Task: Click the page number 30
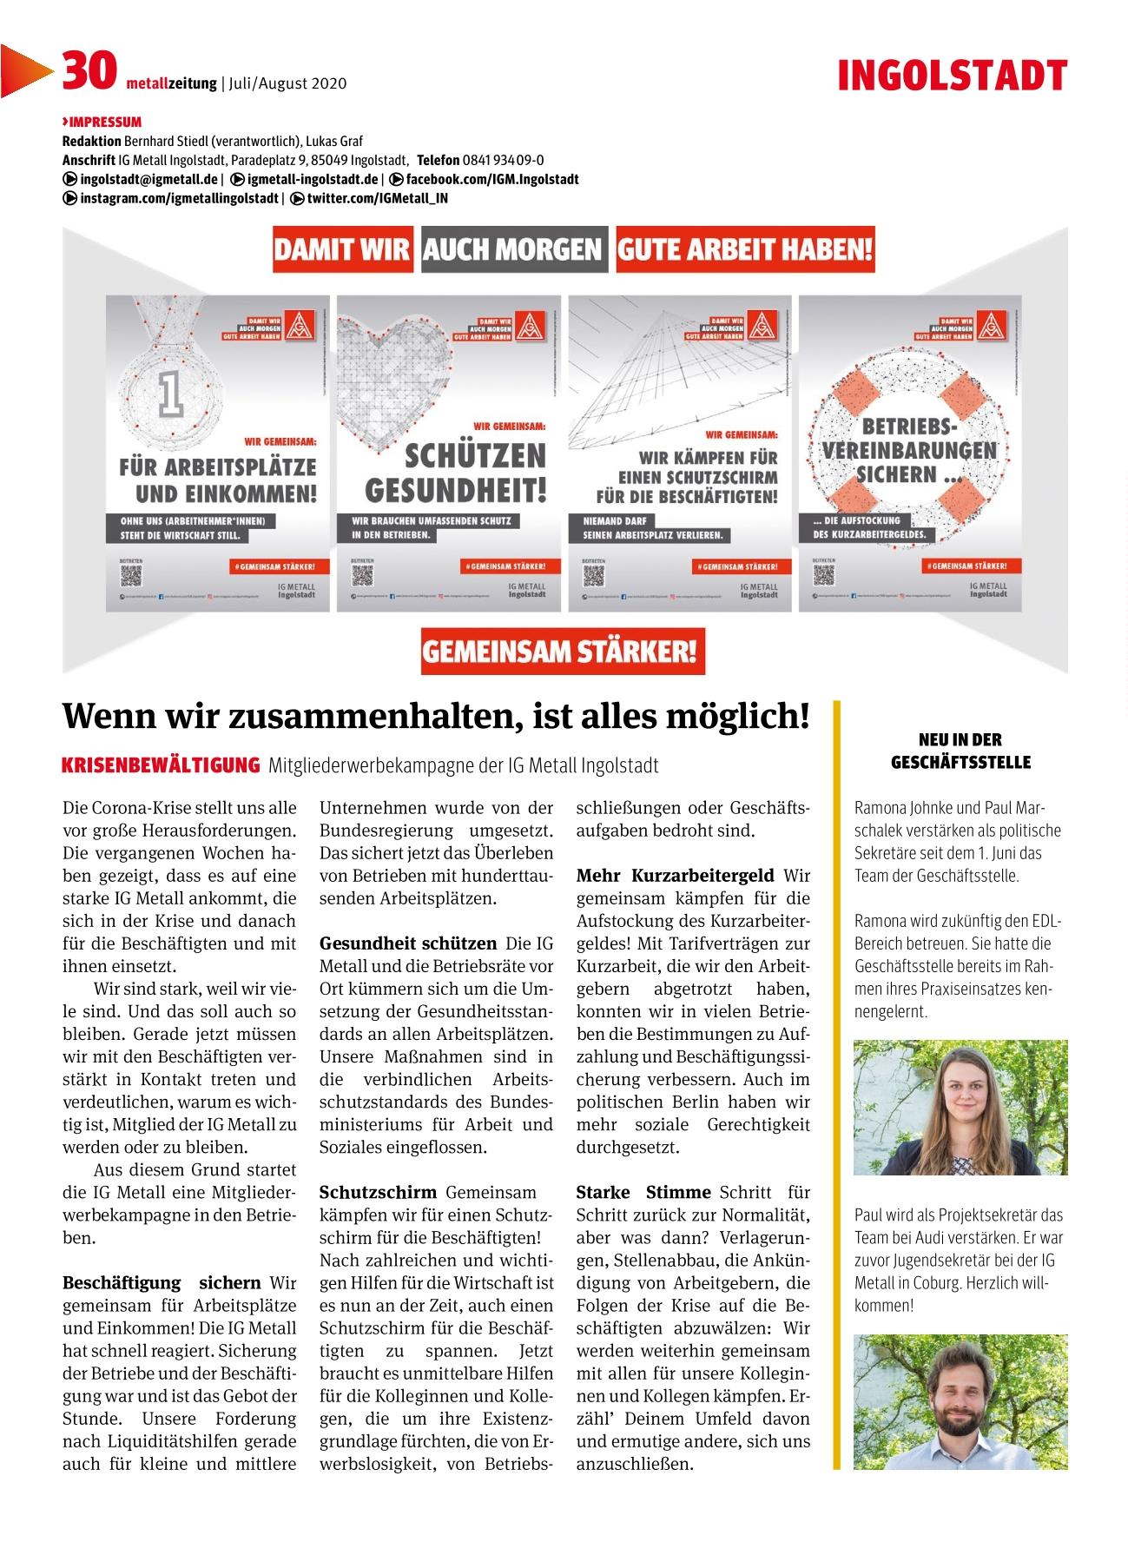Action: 88,70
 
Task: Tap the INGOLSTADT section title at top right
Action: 952,76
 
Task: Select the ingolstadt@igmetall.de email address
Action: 148,179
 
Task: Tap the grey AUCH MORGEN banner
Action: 512,250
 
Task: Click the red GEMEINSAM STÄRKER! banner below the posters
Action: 562,652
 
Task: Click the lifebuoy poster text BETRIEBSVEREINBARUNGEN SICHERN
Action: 908,452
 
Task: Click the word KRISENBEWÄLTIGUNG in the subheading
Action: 161,765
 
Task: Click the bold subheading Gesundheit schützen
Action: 408,943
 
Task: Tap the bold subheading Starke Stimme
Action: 643,1192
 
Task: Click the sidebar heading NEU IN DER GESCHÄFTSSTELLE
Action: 960,751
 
